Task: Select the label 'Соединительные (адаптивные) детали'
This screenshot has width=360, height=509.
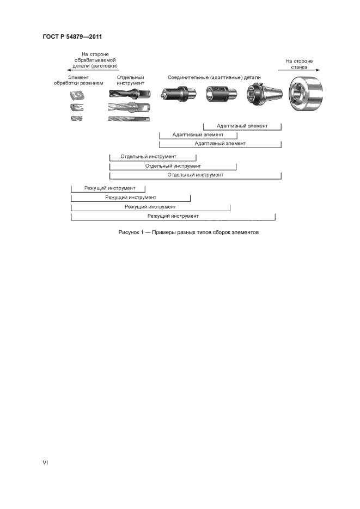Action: point(214,78)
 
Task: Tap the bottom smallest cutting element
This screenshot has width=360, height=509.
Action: point(76,118)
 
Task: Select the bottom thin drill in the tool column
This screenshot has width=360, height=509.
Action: point(130,118)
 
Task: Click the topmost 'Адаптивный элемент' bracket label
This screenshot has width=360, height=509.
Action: point(242,126)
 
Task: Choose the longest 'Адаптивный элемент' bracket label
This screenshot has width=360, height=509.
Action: point(220,143)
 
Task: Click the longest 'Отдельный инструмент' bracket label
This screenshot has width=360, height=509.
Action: point(195,175)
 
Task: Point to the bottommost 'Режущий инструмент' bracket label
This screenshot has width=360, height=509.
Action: point(173,216)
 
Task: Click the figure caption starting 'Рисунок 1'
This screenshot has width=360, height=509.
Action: point(180,232)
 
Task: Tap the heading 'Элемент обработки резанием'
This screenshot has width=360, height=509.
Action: point(78,81)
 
